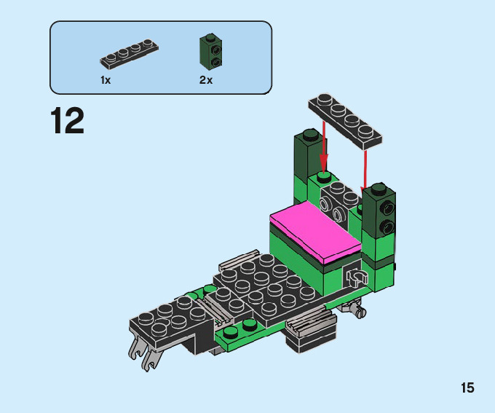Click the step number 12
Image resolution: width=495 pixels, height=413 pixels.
pos(67,120)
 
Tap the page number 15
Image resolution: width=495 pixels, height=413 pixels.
pos(467,388)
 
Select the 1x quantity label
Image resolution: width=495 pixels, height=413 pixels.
pos(106,80)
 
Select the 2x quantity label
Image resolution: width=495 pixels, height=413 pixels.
pos(206,80)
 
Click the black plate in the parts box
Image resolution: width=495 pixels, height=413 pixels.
pos(129,54)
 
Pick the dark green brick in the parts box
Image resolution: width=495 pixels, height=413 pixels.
pos(210,52)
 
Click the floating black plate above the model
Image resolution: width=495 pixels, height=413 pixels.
pos(345,122)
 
